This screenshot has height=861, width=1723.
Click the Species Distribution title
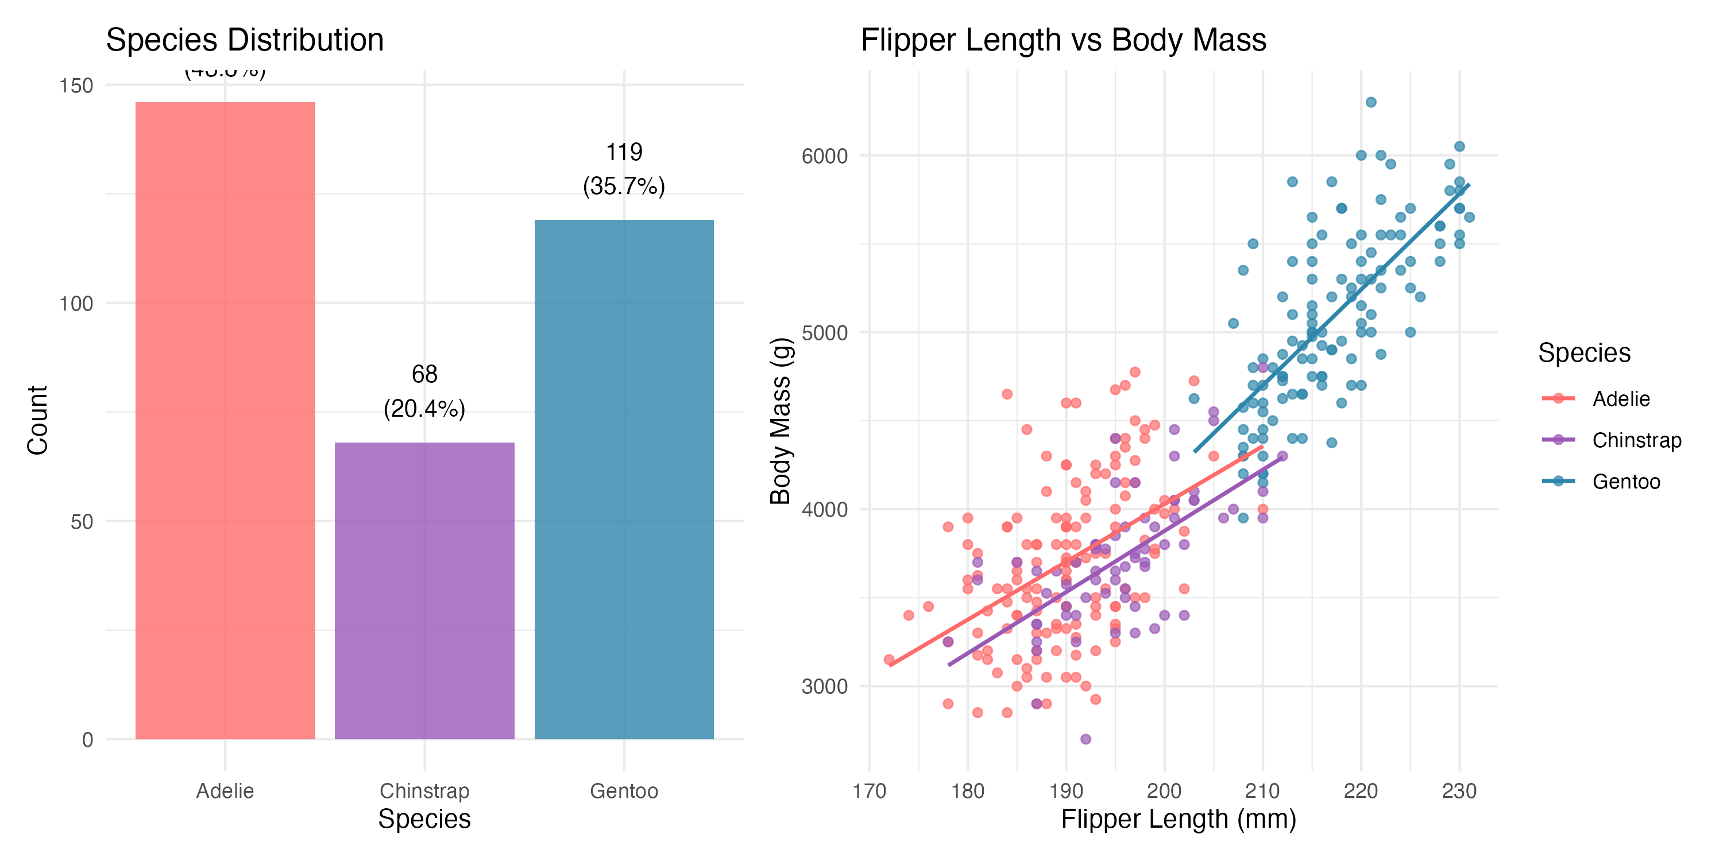coord(245,40)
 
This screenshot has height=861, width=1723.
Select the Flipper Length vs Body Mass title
coord(1063,40)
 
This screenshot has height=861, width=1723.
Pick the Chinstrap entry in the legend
coord(1636,440)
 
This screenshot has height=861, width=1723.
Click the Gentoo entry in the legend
coord(1625,482)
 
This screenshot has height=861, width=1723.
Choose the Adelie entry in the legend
coord(1621,398)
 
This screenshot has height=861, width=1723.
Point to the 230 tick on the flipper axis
coord(1459,791)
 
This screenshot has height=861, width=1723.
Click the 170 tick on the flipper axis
coord(869,791)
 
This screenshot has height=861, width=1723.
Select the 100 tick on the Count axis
coord(76,304)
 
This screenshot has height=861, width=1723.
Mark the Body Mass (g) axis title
coord(780,421)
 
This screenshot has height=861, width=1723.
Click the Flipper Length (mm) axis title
coord(1178,819)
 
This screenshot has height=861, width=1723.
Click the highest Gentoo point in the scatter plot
coord(1370,102)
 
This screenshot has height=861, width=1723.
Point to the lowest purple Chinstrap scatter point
coord(1085,739)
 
